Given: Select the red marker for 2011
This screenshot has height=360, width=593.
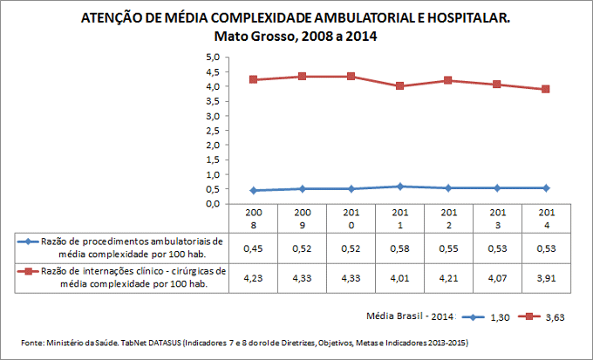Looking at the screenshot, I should pos(399,85).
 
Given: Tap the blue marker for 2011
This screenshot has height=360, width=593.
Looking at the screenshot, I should pos(399,187).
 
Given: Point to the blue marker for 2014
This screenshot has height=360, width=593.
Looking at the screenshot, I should pos(546,188).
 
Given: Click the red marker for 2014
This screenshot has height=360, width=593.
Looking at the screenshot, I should pos(546,89).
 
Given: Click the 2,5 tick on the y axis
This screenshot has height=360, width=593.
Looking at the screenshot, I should pos(211,130).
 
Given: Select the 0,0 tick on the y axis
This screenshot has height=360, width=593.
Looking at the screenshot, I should pos(211,203).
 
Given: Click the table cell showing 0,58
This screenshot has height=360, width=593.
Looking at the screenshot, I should pos(399,249).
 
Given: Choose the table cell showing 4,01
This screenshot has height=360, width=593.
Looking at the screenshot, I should pos(399,279).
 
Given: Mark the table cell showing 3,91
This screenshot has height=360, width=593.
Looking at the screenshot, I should pos(546,279).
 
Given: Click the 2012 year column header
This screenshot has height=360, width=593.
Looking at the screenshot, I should pos(448,218).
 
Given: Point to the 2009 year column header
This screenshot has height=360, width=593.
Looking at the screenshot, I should pos(302,218).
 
